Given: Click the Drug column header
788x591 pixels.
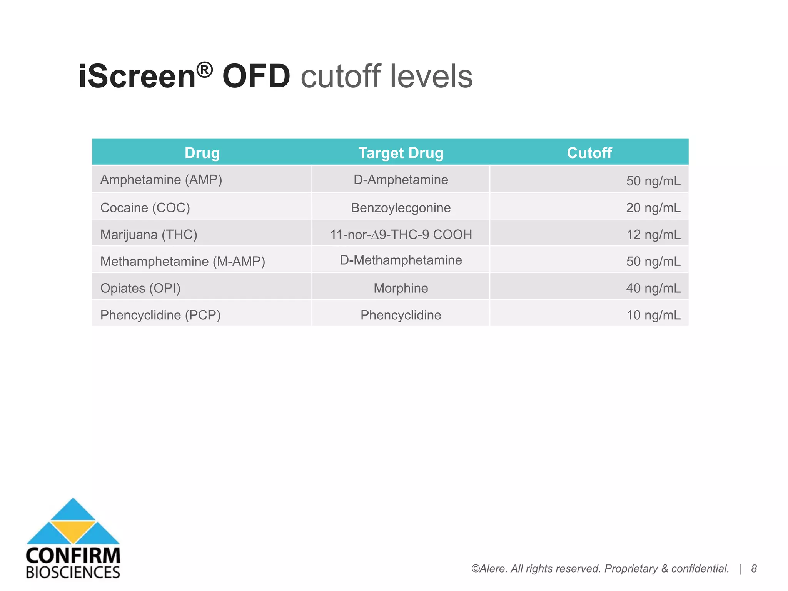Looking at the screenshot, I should click(x=202, y=153).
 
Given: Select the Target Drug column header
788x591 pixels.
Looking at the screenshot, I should click(x=401, y=153).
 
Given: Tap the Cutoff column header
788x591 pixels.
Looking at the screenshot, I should click(x=589, y=153).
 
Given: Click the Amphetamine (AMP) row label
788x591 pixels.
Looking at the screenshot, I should click(x=161, y=180).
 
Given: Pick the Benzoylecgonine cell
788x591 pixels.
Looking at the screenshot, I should click(x=401, y=208).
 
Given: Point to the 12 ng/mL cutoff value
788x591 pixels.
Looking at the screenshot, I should click(x=653, y=234).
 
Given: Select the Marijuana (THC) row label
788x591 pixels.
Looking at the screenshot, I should click(x=149, y=234).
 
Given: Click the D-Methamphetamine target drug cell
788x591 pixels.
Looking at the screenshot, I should click(x=401, y=260).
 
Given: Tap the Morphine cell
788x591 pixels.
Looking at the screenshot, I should click(x=401, y=288).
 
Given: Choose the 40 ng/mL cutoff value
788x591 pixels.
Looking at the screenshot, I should click(x=653, y=288).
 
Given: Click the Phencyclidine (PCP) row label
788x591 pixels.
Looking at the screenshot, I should click(x=160, y=315).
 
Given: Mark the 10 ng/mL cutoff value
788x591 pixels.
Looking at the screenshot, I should click(x=653, y=315).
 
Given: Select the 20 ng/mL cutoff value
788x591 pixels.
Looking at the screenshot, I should click(x=653, y=208).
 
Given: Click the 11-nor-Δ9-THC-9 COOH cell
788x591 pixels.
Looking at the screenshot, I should click(x=401, y=234).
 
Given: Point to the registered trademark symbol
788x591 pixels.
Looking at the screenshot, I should click(x=204, y=70).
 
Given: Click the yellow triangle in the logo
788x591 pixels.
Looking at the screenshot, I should click(x=73, y=531).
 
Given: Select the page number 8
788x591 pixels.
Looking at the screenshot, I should click(x=754, y=569).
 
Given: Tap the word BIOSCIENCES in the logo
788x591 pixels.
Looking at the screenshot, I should click(x=73, y=572).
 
